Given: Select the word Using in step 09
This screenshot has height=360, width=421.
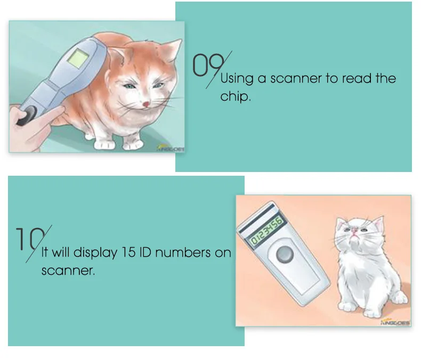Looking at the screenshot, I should point(237,79).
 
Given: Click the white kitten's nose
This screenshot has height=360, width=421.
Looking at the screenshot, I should point(354,231).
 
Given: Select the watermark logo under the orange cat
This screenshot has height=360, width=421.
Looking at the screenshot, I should point(171,150).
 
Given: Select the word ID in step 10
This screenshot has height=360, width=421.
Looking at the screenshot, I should point(149,252).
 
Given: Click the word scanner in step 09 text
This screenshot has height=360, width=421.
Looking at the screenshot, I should point(296,79).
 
